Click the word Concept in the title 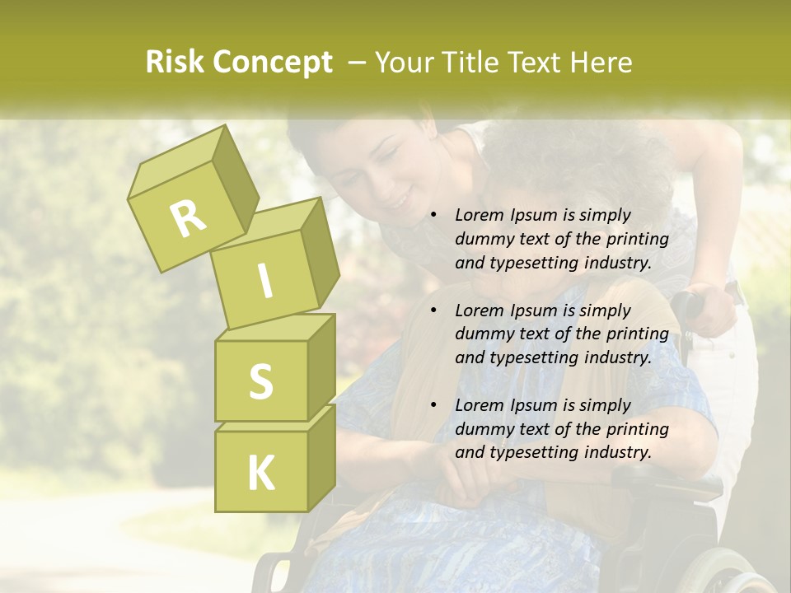tap(273, 63)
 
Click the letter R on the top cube tap(188, 219)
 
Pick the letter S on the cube tap(260, 381)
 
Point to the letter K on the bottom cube tap(260, 473)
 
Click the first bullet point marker tap(433, 216)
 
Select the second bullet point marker tap(433, 311)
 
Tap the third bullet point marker tap(433, 405)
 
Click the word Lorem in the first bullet tap(478, 215)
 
